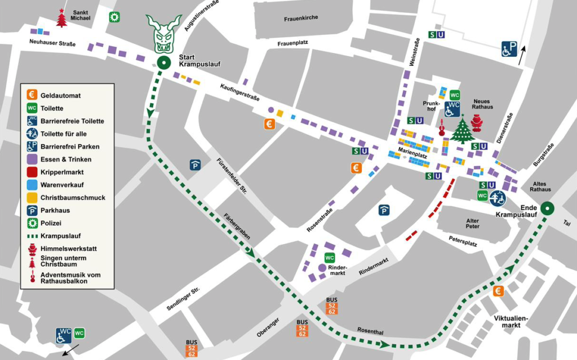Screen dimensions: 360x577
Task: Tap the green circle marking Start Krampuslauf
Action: [x=163, y=63]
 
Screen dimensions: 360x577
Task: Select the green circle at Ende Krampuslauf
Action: [x=547, y=208]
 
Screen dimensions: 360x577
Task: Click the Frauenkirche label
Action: [x=301, y=17]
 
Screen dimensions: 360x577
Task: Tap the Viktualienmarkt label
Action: [x=511, y=322]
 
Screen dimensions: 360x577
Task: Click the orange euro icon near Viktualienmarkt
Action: [x=498, y=291]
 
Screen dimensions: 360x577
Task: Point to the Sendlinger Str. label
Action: [x=183, y=299]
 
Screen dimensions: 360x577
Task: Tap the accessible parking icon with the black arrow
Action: [x=509, y=49]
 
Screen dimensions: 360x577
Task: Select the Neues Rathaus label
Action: [x=483, y=104]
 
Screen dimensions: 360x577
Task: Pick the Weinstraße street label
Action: [x=413, y=53]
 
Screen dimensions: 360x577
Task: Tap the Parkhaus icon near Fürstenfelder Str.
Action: [x=194, y=165]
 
